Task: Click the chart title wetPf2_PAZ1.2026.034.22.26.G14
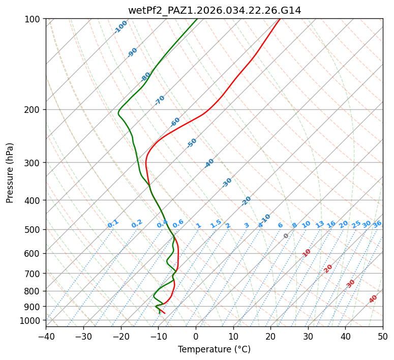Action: [214, 10]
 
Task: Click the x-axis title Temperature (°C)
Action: [214, 349]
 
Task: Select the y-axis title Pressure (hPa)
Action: [10, 173]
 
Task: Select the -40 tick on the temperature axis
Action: [46, 336]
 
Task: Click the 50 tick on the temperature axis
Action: [383, 336]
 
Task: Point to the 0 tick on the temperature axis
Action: [196, 336]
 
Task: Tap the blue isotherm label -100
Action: [120, 27]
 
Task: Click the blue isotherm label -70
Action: [160, 100]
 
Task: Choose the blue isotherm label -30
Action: [227, 183]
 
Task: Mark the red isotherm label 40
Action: [373, 299]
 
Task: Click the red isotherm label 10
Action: [307, 253]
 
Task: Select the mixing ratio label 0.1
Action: [113, 224]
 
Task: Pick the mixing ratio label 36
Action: [377, 224]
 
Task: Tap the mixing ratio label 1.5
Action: [216, 224]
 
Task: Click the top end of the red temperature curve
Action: [280, 19]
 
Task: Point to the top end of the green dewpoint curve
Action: [197, 19]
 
